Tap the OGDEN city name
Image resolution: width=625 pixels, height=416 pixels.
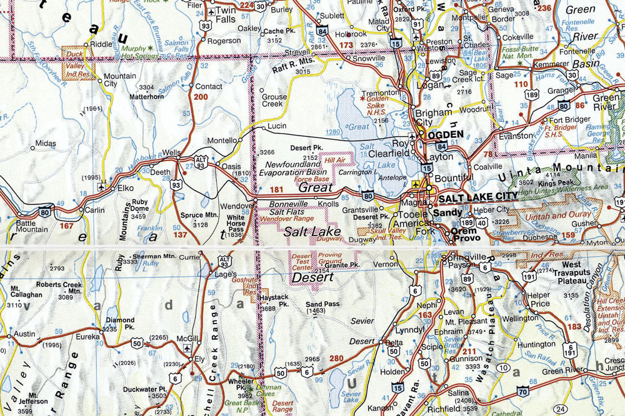pos(445,134)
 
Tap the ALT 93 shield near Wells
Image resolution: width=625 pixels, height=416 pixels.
pos(200,161)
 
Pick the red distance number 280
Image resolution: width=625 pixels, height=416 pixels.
pos(336,359)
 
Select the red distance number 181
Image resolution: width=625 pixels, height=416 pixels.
pos(276,189)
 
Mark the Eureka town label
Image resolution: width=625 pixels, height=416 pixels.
pos(87,336)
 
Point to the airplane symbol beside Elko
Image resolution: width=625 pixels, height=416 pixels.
pos(101,187)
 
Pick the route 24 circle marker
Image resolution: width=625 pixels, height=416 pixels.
pos(561,410)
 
